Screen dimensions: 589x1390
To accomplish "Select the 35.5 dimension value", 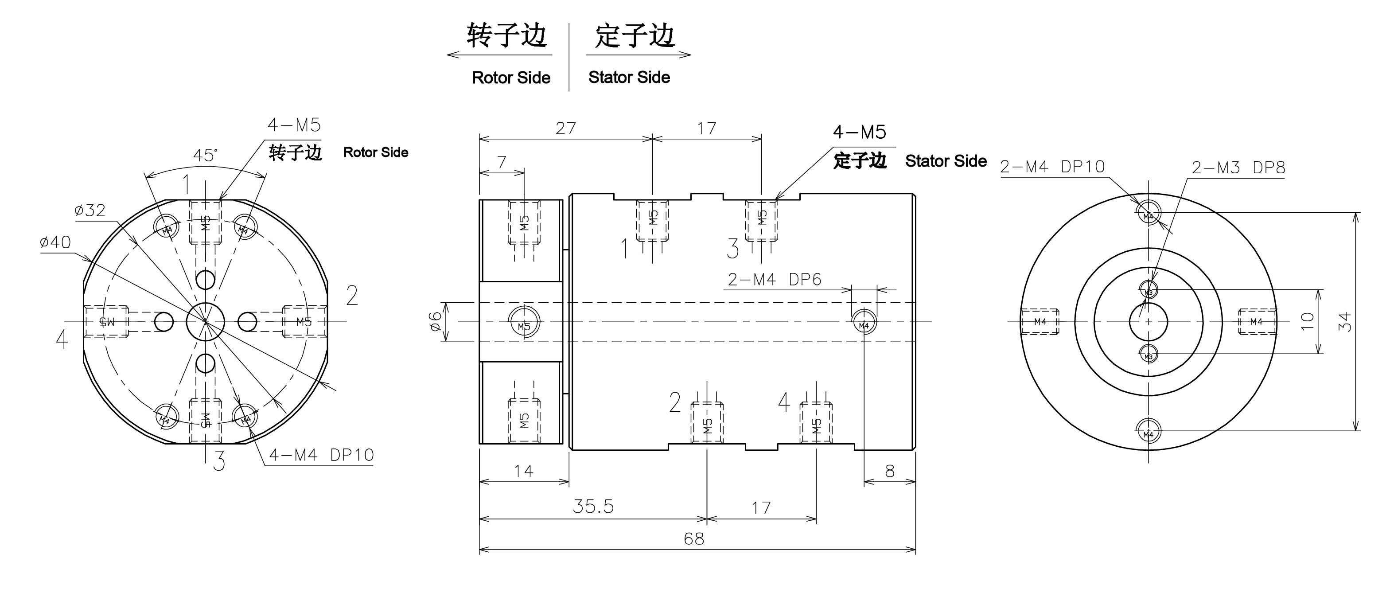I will tap(593, 507).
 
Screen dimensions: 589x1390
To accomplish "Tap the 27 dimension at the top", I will tap(565, 128).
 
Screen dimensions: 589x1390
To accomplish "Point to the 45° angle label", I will tap(206, 156).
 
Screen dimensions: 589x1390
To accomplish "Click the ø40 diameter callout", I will tap(55, 242).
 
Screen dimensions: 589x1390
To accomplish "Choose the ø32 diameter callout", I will tap(90, 210).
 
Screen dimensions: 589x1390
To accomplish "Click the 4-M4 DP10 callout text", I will tap(321, 455).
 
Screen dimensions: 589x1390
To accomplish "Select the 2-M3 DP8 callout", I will tap(1238, 168).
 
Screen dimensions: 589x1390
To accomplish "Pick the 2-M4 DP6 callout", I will tap(775, 279).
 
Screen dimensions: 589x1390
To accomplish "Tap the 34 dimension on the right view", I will tap(1346, 322).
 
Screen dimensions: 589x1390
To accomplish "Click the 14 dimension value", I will tap(523, 471).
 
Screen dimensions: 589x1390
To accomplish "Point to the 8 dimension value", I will tap(890, 471).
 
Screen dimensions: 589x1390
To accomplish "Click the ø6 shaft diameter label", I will tap(436, 322).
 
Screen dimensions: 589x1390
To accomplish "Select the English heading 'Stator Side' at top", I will tap(629, 77).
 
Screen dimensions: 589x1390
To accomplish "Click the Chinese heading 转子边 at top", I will tap(506, 35).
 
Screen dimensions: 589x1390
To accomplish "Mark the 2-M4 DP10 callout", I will tap(1052, 167).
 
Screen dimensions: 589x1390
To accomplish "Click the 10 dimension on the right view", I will tap(1307, 322).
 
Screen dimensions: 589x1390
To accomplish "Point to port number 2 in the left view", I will tap(352, 296).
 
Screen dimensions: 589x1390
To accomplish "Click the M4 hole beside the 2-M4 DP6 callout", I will tap(864, 324).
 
